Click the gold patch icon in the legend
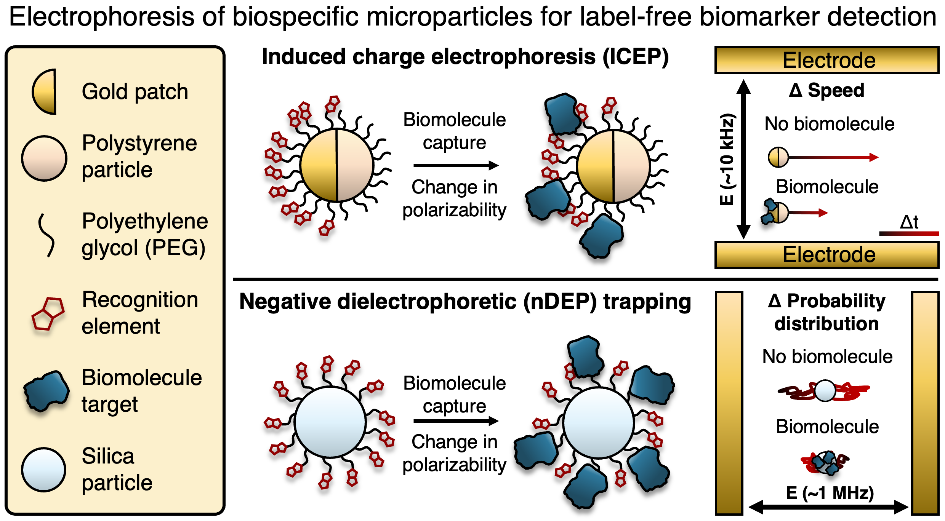click(45, 92)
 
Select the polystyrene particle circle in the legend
click(44, 158)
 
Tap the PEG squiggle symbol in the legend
click(46, 235)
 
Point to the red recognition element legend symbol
click(48, 313)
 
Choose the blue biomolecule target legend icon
click(46, 392)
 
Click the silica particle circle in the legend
click(44, 470)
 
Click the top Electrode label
click(829, 61)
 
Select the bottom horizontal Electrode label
click(829, 255)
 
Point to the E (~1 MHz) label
click(830, 493)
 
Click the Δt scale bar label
click(909, 222)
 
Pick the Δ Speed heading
click(826, 91)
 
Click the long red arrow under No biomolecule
click(834, 157)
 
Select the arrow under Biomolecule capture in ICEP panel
click(456, 165)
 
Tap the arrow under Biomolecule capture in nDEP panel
click(456, 421)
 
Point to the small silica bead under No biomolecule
click(825, 391)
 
